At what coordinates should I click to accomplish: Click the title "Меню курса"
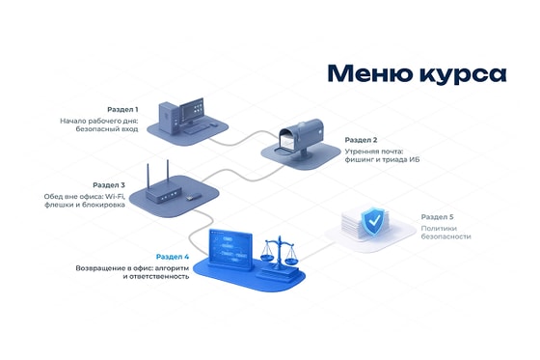417,74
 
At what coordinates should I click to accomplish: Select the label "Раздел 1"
122,110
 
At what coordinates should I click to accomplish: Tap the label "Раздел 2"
361,140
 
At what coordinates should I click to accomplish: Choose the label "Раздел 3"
109,185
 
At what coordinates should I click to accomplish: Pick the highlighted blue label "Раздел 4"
173,257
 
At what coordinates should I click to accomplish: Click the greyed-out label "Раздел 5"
438,217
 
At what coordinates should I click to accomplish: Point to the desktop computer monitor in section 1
192,112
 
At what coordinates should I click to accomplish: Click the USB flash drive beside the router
193,198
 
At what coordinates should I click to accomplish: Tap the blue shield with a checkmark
374,220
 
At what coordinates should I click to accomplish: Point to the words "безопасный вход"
107,129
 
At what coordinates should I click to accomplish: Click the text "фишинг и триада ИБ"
382,159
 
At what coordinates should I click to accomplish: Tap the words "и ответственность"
156,277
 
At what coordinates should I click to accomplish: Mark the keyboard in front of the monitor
196,129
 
